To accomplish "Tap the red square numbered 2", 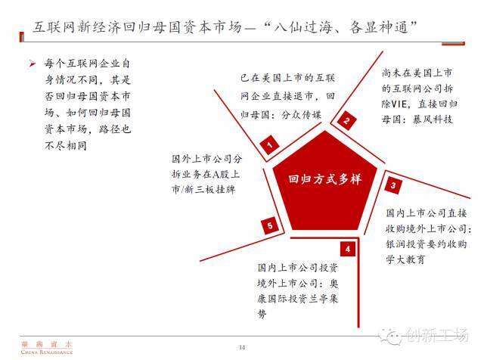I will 346,120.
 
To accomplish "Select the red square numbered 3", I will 393,184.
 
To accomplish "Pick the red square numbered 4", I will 346,248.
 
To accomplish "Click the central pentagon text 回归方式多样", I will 325,180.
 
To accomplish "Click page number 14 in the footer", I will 242,347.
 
